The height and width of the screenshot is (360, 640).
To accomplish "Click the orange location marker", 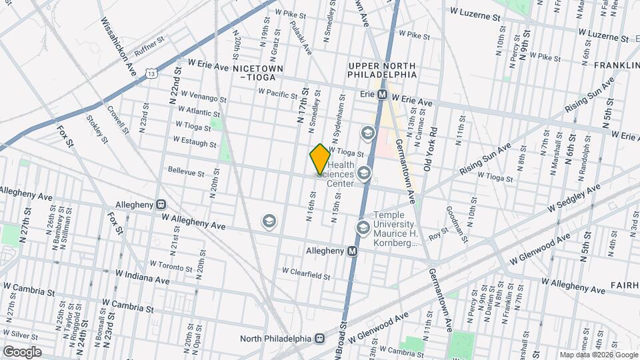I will (320, 159).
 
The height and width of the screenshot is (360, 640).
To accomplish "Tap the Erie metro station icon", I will (383, 95).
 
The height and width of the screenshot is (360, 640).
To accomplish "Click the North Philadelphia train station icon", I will (320, 338).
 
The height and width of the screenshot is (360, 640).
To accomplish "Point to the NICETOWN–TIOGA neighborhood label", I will (258, 73).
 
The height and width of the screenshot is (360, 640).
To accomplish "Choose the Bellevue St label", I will (186, 172).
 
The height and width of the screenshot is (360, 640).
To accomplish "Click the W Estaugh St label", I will (194, 141).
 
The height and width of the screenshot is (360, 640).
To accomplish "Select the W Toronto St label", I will (171, 265).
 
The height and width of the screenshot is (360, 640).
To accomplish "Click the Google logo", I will (22, 351).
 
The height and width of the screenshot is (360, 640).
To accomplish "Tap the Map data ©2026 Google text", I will (598, 355).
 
